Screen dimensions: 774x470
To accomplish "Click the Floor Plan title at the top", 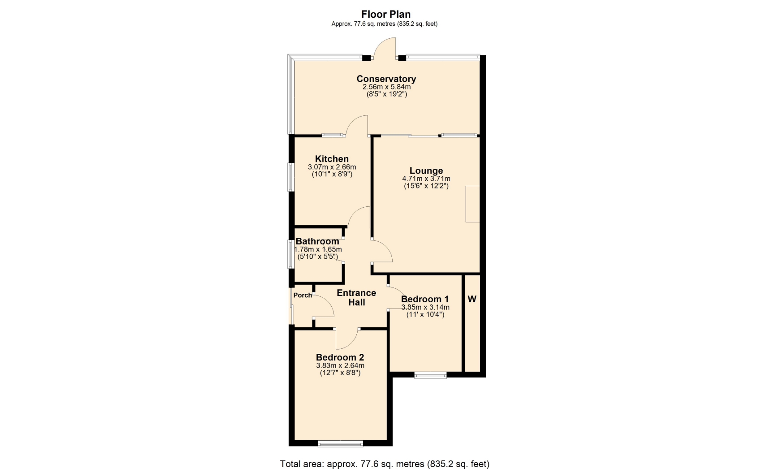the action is (386, 15).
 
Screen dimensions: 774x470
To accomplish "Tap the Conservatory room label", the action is (386, 79).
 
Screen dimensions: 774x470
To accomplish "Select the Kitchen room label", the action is (332, 159).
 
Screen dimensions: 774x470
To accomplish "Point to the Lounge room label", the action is (426, 171).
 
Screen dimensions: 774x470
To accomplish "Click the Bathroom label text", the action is (317, 241).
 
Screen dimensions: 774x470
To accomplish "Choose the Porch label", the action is (303, 295).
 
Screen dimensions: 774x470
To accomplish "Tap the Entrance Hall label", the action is (356, 297).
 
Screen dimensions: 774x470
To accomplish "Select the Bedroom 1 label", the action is (425, 299).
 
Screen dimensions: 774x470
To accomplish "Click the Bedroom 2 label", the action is (340, 358).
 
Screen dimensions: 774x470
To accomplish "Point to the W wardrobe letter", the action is (472, 299).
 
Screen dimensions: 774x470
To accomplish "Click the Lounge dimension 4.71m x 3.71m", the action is (426, 179).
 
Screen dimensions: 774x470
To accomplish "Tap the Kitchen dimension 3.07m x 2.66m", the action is (332, 167).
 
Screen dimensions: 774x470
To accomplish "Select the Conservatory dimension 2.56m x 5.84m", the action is (387, 87).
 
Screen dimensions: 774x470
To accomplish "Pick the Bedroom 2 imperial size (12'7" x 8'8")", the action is (340, 373).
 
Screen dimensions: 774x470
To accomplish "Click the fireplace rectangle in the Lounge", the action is (472, 204).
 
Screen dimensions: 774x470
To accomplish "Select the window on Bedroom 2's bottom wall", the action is (341, 444).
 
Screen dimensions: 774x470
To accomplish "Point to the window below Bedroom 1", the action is (431, 375).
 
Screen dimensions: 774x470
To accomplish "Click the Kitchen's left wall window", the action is (290, 177).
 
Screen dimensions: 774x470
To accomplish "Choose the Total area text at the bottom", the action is (385, 464).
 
